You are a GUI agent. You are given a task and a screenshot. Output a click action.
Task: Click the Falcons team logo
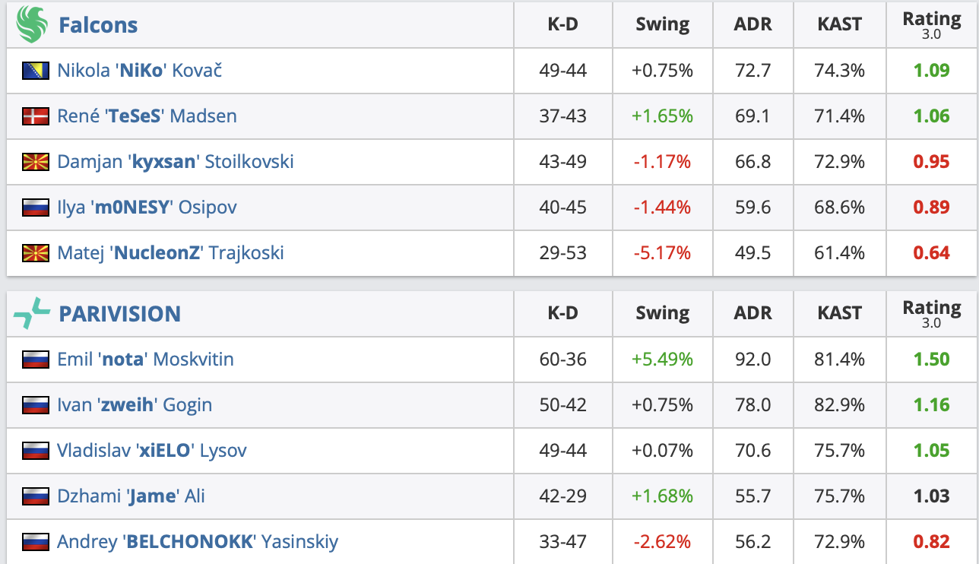[x=31, y=24]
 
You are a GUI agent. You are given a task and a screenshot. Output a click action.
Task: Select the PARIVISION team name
[x=119, y=313]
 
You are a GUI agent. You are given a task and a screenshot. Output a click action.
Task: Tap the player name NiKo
[x=139, y=71]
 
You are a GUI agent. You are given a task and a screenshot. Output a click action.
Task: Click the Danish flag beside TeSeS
[x=36, y=116]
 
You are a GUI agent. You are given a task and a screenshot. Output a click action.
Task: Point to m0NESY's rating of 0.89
[x=931, y=208]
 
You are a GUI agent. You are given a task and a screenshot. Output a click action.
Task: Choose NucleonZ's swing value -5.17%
[x=662, y=253]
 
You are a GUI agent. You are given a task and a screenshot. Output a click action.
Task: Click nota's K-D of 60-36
[x=562, y=360]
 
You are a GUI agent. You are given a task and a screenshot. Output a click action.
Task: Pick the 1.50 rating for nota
[x=931, y=360]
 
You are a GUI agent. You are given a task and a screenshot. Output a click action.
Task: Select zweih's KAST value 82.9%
[x=840, y=405]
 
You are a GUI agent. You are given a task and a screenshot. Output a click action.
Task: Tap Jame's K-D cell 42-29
[x=562, y=496]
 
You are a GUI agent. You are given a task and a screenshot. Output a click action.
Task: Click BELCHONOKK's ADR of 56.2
[x=752, y=542]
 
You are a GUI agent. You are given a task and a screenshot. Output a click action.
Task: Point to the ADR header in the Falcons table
[x=752, y=24]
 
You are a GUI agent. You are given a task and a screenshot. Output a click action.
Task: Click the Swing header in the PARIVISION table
[x=662, y=313]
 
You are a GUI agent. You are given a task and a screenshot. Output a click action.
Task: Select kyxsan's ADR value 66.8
[x=752, y=162]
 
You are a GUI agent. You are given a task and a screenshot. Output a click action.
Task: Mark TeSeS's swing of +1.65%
[x=662, y=116]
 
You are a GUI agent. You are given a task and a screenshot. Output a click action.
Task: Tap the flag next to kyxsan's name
[x=36, y=162]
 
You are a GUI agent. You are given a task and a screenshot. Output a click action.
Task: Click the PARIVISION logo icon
[x=31, y=313]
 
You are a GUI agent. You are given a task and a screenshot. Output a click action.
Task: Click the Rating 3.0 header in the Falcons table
[x=931, y=24]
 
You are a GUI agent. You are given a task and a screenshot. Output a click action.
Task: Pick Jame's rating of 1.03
[x=931, y=496]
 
